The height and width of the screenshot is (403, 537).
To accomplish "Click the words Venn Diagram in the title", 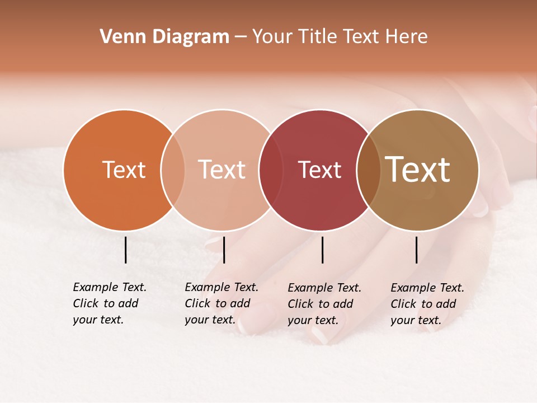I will click(164, 37).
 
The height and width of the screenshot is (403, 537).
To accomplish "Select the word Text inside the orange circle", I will click(124, 170).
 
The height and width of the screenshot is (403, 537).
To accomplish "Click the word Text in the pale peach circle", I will click(222, 170).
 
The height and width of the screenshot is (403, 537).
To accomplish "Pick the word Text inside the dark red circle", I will click(319, 170).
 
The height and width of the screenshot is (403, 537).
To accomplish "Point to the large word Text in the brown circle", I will click(418, 169).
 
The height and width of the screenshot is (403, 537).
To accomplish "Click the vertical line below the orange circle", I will click(125, 250).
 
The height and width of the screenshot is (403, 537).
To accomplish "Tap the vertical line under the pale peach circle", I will click(224, 250).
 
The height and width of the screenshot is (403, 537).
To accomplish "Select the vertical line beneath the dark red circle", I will click(322, 250).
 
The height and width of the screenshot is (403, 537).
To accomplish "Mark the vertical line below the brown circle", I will click(416, 250).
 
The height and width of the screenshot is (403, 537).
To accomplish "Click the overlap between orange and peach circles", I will click(173, 170).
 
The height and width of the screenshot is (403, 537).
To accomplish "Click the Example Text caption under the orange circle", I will click(109, 303).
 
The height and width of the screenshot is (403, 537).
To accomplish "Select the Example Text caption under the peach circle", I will click(221, 303).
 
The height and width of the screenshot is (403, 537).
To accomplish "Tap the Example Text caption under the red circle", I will click(324, 304).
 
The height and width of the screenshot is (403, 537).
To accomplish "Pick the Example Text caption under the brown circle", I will click(427, 304).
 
